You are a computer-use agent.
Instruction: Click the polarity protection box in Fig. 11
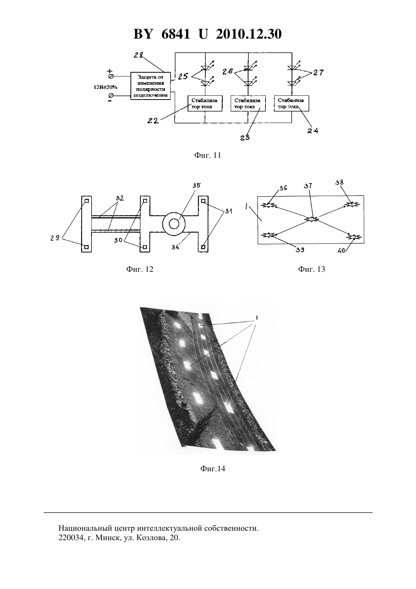(151, 86)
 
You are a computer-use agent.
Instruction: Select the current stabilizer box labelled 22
(205, 103)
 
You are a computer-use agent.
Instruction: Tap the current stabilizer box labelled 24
(291, 103)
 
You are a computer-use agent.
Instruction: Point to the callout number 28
(138, 55)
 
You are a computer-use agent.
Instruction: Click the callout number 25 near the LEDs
(183, 76)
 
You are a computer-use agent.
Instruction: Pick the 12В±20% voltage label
(106, 87)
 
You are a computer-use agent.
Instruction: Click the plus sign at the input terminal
(110, 71)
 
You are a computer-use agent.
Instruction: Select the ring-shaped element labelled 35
(174, 224)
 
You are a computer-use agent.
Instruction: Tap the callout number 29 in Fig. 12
(55, 238)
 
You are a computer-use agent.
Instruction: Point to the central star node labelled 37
(311, 219)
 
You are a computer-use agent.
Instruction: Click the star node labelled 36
(268, 205)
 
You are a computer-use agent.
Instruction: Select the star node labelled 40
(354, 237)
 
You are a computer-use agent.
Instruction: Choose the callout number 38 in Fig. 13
(339, 182)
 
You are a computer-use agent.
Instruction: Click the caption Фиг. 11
(208, 156)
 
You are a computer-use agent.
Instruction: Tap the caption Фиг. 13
(312, 269)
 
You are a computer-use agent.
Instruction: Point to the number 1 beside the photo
(257, 318)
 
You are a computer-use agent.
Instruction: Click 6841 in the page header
(175, 34)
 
